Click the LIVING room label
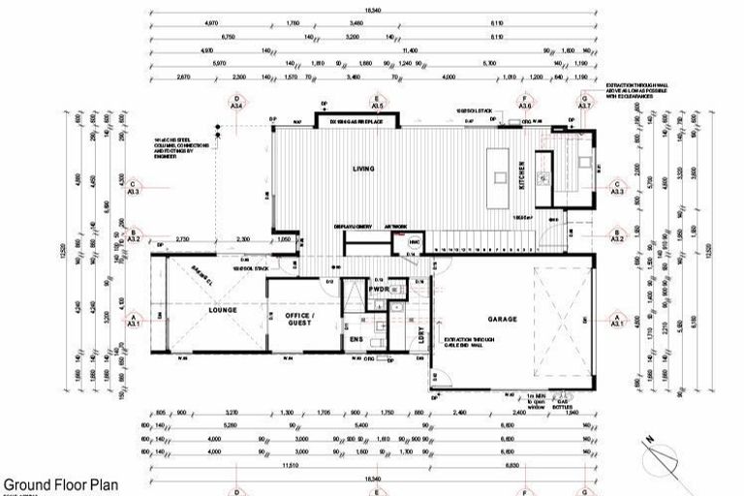tap(363, 169)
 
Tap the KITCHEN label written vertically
tap(521, 174)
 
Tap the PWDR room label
tap(378, 288)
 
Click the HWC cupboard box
tap(414, 242)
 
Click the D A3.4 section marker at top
tap(236, 102)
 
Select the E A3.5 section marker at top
tap(378, 102)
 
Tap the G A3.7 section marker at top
tap(584, 102)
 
